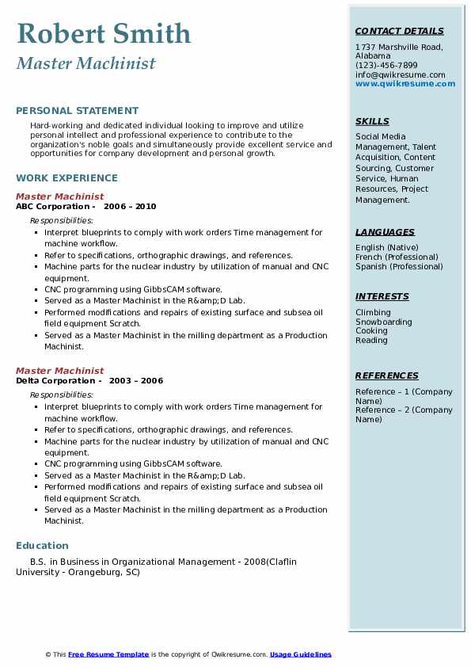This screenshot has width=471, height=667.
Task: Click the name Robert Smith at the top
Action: coord(103,33)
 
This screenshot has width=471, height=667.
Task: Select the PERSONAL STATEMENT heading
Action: coord(77,111)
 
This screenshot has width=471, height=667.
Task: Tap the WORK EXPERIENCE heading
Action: coord(66,179)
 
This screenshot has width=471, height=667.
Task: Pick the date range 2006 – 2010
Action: coord(130,207)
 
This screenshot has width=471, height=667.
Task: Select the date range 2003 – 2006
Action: coord(136,381)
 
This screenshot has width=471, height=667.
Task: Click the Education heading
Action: coord(42,546)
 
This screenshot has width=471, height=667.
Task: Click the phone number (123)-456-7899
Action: coord(386,66)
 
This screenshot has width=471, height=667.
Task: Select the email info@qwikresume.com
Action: coord(400,75)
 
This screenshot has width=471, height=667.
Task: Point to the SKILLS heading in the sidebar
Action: coord(372,122)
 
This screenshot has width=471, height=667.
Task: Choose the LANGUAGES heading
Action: coord(385,233)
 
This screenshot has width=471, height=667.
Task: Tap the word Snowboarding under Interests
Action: coord(383,322)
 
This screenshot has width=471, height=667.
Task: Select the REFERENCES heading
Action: coord(386,376)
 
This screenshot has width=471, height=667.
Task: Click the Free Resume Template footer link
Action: coord(108,654)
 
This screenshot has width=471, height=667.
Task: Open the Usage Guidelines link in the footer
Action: coord(300,654)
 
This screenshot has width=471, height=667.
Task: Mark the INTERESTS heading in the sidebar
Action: coord(382,297)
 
